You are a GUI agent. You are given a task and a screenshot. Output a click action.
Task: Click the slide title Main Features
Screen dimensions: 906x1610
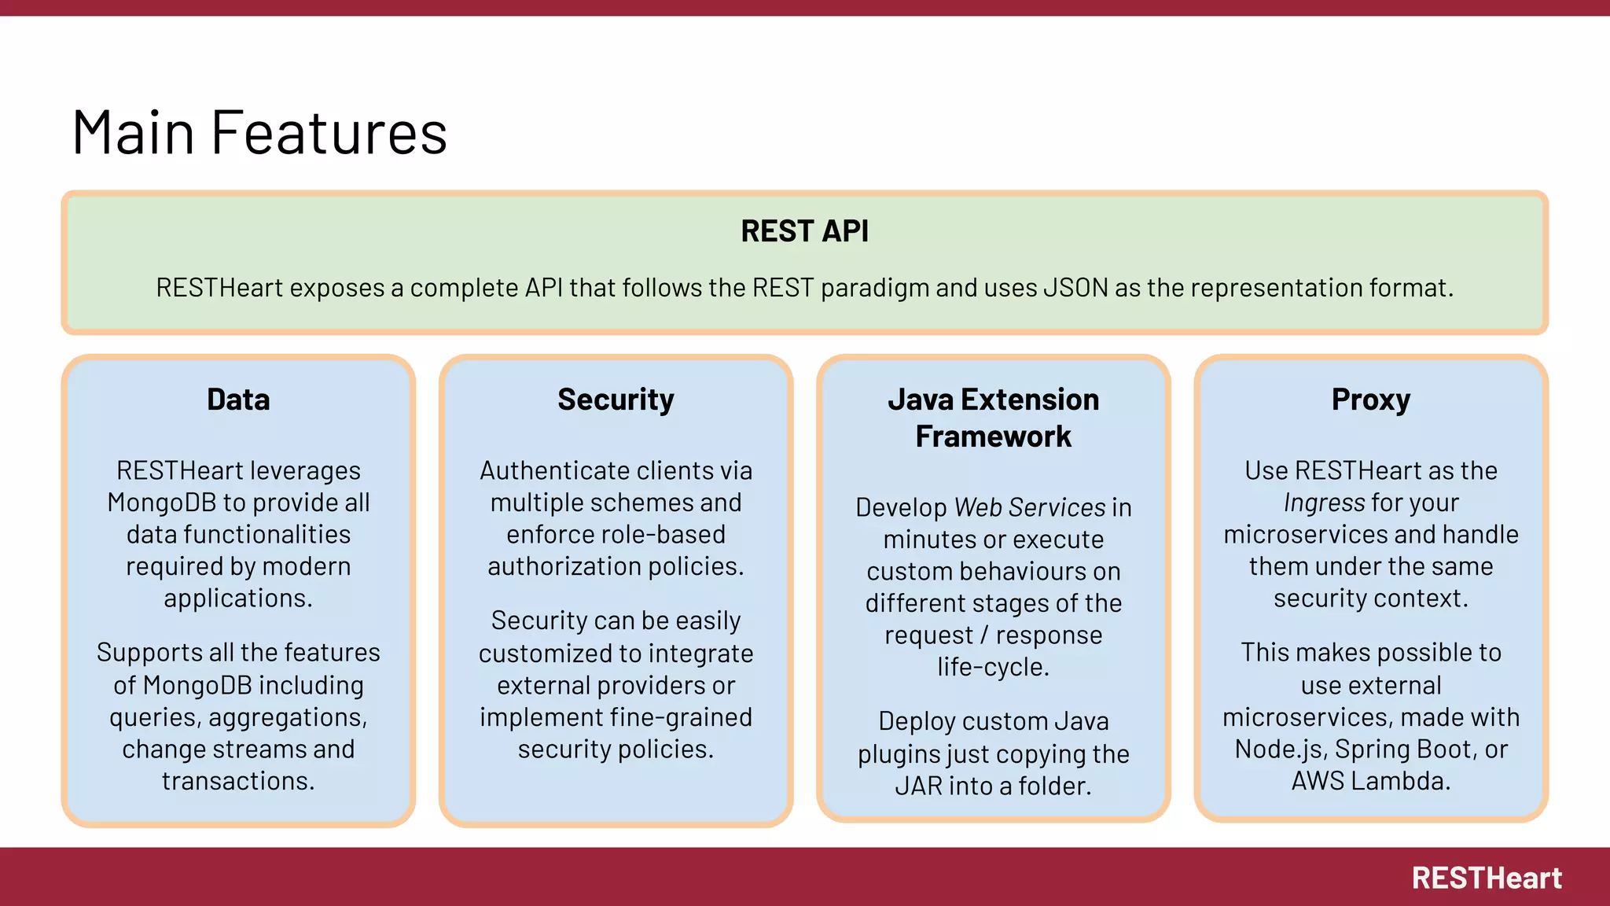point(259,132)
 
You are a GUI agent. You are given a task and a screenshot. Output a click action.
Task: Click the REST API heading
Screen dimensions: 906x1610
point(804,231)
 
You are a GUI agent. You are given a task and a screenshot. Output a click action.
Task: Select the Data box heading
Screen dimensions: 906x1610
point(238,400)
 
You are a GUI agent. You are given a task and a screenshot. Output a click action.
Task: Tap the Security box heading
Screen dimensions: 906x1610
point(616,400)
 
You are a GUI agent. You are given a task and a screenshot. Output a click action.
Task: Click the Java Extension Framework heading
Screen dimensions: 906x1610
point(993,418)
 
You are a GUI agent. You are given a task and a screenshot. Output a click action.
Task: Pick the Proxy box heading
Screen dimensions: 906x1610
point(1370,400)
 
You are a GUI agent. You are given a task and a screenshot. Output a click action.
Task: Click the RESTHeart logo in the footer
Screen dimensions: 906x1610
point(1486,878)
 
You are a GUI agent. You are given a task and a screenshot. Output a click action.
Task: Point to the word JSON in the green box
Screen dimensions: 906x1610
point(1075,288)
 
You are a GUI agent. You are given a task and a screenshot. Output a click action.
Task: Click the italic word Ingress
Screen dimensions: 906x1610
point(1324,503)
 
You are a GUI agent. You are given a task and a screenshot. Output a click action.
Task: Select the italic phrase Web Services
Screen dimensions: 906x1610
point(1030,507)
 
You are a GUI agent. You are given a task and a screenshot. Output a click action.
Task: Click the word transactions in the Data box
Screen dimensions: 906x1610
point(238,781)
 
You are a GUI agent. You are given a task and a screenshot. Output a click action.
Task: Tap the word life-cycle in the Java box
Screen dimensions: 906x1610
point(992,667)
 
